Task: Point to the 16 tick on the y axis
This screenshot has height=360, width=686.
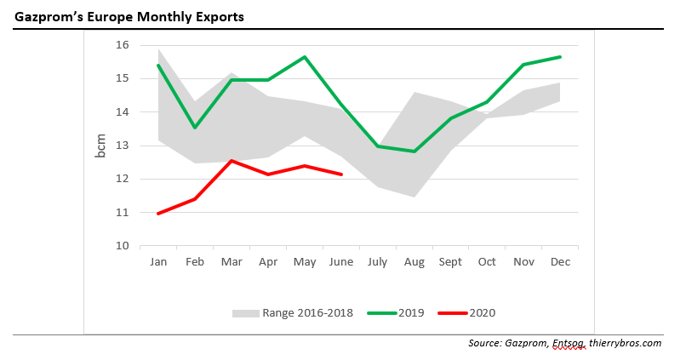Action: [122, 45]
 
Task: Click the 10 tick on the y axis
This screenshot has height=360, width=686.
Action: [122, 246]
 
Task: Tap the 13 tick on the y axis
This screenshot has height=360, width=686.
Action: [122, 146]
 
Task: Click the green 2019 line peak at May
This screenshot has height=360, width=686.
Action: [305, 57]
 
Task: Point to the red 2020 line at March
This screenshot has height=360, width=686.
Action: [232, 160]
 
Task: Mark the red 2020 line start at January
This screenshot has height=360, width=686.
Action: [158, 214]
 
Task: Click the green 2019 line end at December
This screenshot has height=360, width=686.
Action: [560, 57]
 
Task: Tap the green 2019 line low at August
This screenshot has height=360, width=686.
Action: [414, 151]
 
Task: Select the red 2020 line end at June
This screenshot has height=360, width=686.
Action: [341, 174]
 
